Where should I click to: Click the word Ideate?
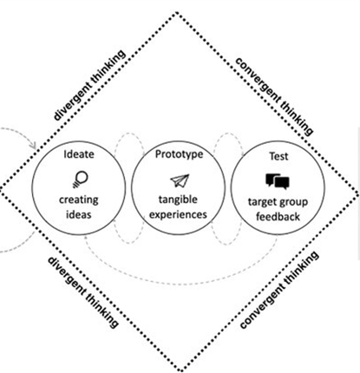click(x=79, y=154)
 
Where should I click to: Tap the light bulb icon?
click(x=80, y=180)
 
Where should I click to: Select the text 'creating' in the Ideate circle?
click(x=79, y=200)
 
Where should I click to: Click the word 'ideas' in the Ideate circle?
click(x=79, y=214)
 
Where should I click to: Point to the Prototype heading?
click(x=179, y=154)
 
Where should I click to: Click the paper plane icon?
click(x=180, y=180)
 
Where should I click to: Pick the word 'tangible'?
click(x=178, y=200)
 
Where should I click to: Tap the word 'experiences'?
click(x=178, y=215)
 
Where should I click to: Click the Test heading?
click(x=278, y=156)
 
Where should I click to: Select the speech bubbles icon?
click(x=278, y=181)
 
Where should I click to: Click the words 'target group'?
click(x=278, y=202)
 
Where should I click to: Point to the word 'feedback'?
click(x=278, y=217)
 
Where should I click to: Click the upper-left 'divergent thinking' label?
click(x=89, y=85)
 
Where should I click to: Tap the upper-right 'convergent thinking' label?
click(x=274, y=96)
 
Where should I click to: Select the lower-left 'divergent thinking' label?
click(x=83, y=291)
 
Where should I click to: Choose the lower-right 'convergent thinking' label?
click(x=279, y=290)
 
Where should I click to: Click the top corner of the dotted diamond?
click(x=177, y=13)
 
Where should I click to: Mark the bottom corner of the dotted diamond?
click(x=180, y=370)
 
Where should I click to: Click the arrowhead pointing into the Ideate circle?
click(x=33, y=146)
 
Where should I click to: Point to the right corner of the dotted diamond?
click(x=358, y=193)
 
